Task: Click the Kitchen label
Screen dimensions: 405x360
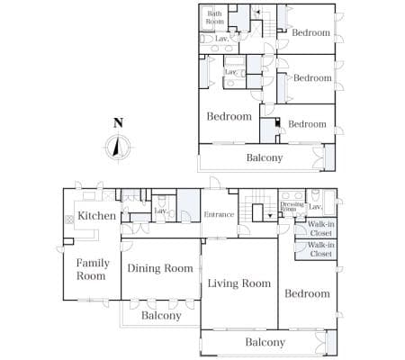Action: coord(96,215)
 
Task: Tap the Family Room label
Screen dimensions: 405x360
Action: coord(93,269)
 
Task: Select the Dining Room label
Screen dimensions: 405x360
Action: coord(160,268)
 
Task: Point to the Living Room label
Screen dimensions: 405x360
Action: coord(239,283)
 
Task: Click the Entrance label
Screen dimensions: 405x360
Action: coord(219,214)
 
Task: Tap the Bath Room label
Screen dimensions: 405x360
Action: coord(215,17)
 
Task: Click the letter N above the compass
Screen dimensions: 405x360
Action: coord(118,122)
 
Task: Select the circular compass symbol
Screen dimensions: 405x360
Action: coord(118,148)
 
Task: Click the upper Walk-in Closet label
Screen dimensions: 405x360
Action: coord(320,229)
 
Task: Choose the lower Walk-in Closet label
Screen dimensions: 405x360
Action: coord(320,249)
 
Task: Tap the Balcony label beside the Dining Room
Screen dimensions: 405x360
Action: coord(161,316)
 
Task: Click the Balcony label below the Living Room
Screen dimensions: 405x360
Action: coord(265,342)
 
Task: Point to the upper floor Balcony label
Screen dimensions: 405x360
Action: coord(265,157)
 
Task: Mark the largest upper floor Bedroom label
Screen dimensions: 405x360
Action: coord(229,116)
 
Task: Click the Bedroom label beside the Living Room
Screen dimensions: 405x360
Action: coord(307,293)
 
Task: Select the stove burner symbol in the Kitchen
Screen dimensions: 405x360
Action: coord(69,220)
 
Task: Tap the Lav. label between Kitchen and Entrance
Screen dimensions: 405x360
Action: coord(161,211)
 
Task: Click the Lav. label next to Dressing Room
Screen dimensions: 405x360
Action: coord(315,207)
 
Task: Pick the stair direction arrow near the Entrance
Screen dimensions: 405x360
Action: coord(270,215)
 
